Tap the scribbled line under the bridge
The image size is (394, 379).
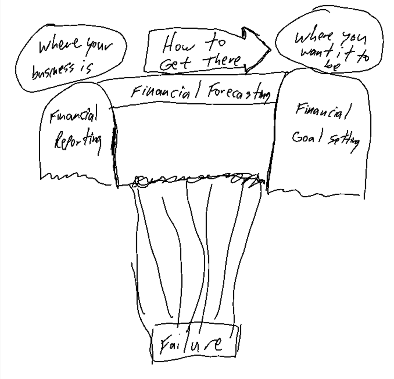click(x=194, y=179)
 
